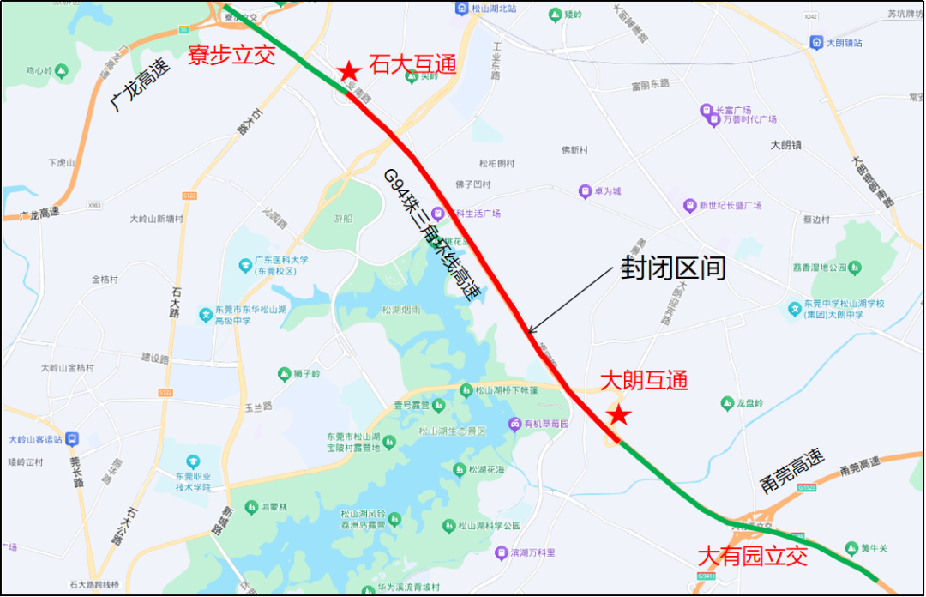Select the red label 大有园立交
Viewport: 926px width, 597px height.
coord(753,556)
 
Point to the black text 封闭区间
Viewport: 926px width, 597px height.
coord(673,268)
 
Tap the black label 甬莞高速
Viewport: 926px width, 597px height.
coord(791,473)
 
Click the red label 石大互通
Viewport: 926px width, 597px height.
coord(412,64)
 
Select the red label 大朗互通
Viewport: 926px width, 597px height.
coord(644,379)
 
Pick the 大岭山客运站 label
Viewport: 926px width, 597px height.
coord(37,439)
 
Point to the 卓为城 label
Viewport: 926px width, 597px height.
coord(605,191)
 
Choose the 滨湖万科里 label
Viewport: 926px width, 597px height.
coord(532,552)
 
